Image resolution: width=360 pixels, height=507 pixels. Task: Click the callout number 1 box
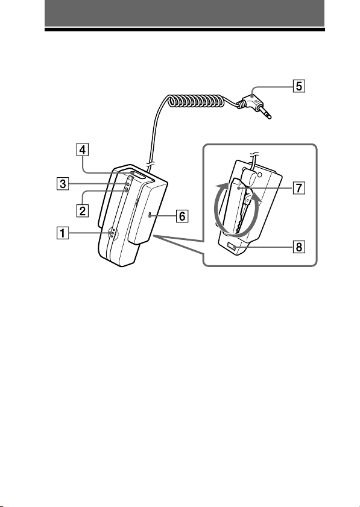point(63,233)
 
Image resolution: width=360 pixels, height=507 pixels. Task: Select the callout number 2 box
point(83,211)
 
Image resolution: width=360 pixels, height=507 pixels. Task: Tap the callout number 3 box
point(63,184)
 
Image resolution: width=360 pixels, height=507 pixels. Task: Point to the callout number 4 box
point(83,150)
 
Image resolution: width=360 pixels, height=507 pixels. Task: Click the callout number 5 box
point(299,86)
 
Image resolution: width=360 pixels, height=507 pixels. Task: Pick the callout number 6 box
point(182,216)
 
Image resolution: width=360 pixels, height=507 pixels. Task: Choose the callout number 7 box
point(299,187)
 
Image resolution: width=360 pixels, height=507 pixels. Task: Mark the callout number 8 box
point(299,247)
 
